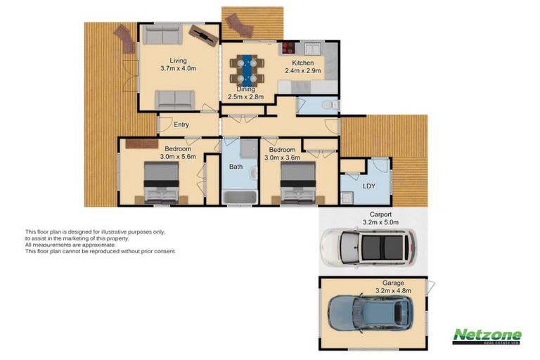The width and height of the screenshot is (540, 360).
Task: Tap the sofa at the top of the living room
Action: [x=160, y=34]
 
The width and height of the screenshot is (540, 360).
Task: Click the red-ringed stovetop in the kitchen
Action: [x=288, y=49]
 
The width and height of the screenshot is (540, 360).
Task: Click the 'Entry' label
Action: [x=181, y=124]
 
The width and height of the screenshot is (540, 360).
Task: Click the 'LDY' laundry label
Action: [x=368, y=186]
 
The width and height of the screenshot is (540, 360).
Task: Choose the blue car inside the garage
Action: [x=373, y=316]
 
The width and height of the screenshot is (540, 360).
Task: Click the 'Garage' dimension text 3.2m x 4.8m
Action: [x=393, y=290]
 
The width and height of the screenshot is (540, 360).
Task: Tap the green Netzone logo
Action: [x=487, y=336]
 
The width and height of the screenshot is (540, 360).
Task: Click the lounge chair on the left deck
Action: [x=125, y=37]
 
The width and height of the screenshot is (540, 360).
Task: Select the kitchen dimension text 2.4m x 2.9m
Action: [x=302, y=71]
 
